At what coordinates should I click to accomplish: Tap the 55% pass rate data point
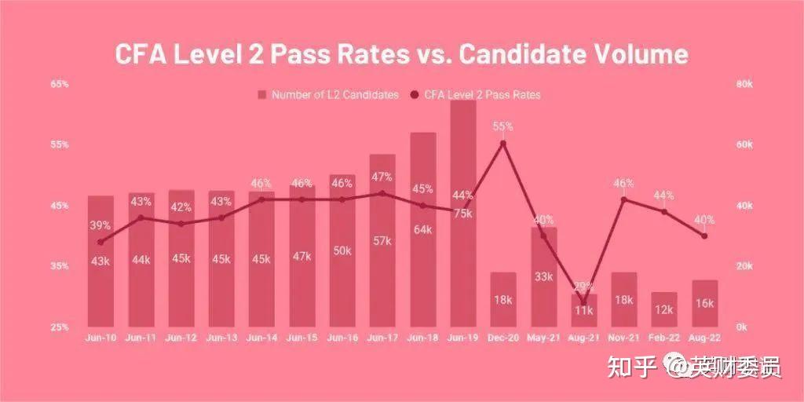tap(503, 144)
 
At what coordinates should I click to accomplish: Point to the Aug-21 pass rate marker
tap(583, 301)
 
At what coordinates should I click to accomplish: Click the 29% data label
tap(583, 286)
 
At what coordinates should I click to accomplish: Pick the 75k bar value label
tap(462, 214)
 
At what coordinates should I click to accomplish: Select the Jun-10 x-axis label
tap(100, 338)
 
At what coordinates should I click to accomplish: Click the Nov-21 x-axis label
tap(624, 338)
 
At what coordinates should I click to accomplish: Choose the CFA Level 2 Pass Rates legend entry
tap(475, 95)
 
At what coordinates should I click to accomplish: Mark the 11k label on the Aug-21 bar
tap(583, 310)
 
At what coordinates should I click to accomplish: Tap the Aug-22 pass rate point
tap(704, 236)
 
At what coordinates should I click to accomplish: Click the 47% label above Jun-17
tap(382, 177)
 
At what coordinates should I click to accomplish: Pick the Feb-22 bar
tap(664, 309)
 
